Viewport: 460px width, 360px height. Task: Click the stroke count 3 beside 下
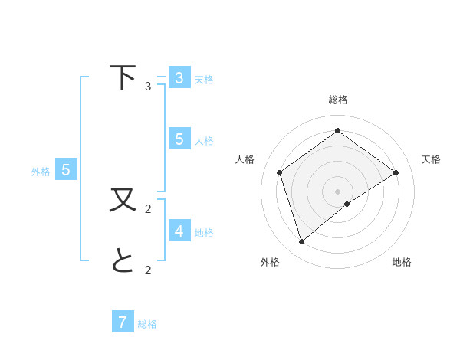(x=148, y=87)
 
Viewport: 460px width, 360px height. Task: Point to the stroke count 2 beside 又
(x=148, y=208)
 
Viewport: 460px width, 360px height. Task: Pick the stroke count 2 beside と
(x=148, y=270)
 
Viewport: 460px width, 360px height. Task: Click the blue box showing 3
(x=179, y=77)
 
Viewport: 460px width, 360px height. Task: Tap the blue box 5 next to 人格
(x=179, y=139)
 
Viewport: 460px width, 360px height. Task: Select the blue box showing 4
(x=179, y=231)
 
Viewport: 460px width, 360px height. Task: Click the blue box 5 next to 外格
(x=66, y=170)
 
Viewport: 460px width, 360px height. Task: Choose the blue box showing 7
(x=123, y=322)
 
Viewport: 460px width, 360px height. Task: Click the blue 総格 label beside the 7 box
(x=147, y=324)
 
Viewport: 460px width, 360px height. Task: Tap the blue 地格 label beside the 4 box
(x=204, y=232)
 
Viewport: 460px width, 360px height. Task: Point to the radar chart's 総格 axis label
(x=337, y=100)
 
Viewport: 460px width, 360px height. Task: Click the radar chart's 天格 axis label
(x=431, y=159)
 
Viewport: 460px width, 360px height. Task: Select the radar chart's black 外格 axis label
(x=270, y=262)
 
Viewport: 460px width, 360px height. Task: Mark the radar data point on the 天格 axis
(x=396, y=172)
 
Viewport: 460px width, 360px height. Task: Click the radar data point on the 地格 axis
(x=347, y=204)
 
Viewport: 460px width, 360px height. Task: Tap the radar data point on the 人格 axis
(x=280, y=172)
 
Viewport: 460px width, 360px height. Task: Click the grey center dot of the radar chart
(x=337, y=191)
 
